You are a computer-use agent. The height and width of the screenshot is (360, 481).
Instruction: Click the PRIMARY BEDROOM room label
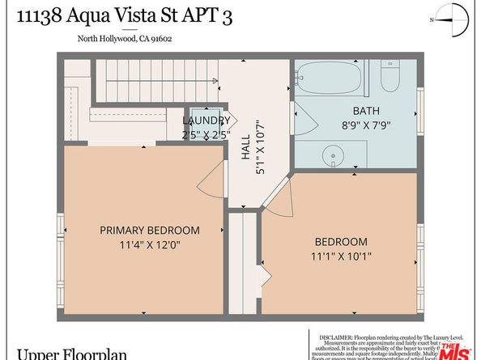point(149,230)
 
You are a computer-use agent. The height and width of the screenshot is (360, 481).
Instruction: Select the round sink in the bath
point(332,155)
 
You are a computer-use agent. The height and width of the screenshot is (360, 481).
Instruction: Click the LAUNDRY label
point(206,121)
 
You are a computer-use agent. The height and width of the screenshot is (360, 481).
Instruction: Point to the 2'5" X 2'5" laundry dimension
point(206,135)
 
